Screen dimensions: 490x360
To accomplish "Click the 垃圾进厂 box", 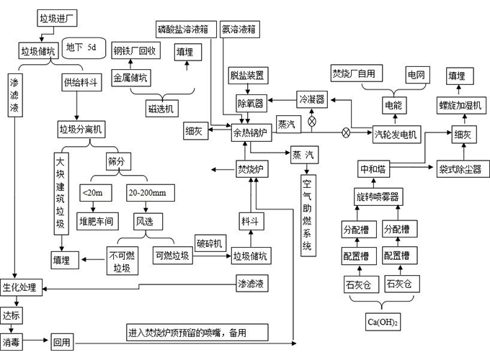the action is point(57,19).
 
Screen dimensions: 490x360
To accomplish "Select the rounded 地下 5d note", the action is point(84,48).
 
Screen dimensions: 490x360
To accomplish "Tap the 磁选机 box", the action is point(162,108).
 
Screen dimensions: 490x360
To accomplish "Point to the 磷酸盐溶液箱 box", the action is point(186,30).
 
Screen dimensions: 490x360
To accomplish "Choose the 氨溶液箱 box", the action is point(240,30).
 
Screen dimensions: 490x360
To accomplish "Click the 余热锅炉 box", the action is point(251,132).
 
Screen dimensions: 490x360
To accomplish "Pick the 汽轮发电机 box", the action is point(396,135).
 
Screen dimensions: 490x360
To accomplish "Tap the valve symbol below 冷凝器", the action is point(312,121).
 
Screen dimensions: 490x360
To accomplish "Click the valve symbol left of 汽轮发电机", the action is point(346,132).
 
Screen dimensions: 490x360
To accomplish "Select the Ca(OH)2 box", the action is point(383,322).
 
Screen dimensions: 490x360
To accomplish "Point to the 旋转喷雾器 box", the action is point(378,197).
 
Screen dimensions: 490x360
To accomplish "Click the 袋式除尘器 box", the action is point(463,169).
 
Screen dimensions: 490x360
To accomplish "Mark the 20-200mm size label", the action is point(151,193).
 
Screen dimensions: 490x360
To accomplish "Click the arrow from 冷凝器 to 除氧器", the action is point(282,100).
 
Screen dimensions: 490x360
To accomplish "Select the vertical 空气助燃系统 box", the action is point(308,215).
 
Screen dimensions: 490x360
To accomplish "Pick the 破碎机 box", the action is point(210,243).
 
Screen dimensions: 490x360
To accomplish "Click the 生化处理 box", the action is point(21,287).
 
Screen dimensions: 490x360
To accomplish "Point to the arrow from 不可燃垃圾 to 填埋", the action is point(93,259).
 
